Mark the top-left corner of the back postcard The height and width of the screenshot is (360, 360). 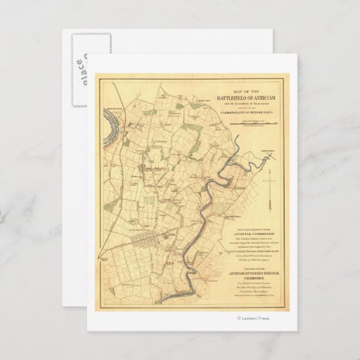coord(64,30)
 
